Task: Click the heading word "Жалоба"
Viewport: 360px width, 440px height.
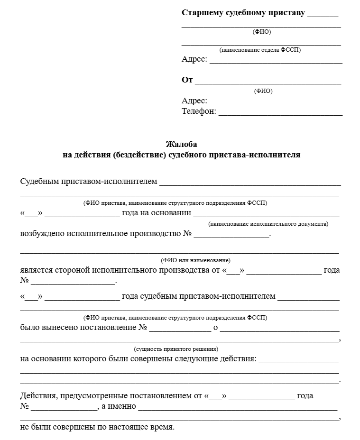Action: [181, 144]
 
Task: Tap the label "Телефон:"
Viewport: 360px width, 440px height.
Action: [199, 111]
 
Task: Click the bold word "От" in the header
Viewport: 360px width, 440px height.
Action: [187, 80]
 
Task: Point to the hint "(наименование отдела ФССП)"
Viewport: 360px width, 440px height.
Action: [260, 50]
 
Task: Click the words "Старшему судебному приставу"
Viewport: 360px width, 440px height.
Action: [243, 13]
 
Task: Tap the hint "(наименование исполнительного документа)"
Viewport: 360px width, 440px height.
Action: [268, 223]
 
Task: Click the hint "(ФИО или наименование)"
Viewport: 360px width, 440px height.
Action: [195, 260]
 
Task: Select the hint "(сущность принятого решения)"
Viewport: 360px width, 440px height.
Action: [176, 348]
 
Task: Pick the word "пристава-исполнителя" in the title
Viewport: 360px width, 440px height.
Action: [264, 155]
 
